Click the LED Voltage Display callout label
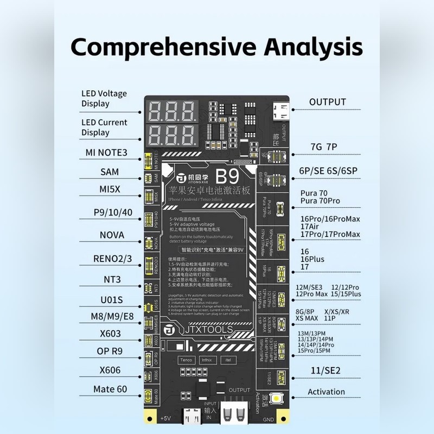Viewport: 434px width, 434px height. [x=104, y=98]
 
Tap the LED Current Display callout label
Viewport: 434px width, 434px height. [x=104, y=127]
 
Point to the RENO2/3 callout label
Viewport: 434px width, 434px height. [x=112, y=258]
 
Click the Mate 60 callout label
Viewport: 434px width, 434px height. [x=110, y=389]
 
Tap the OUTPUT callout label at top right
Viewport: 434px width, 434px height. [x=327, y=101]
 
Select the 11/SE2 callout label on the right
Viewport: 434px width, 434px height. [x=325, y=371]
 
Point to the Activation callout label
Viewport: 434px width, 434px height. [x=326, y=392]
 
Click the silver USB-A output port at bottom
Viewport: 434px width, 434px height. [x=235, y=414]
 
